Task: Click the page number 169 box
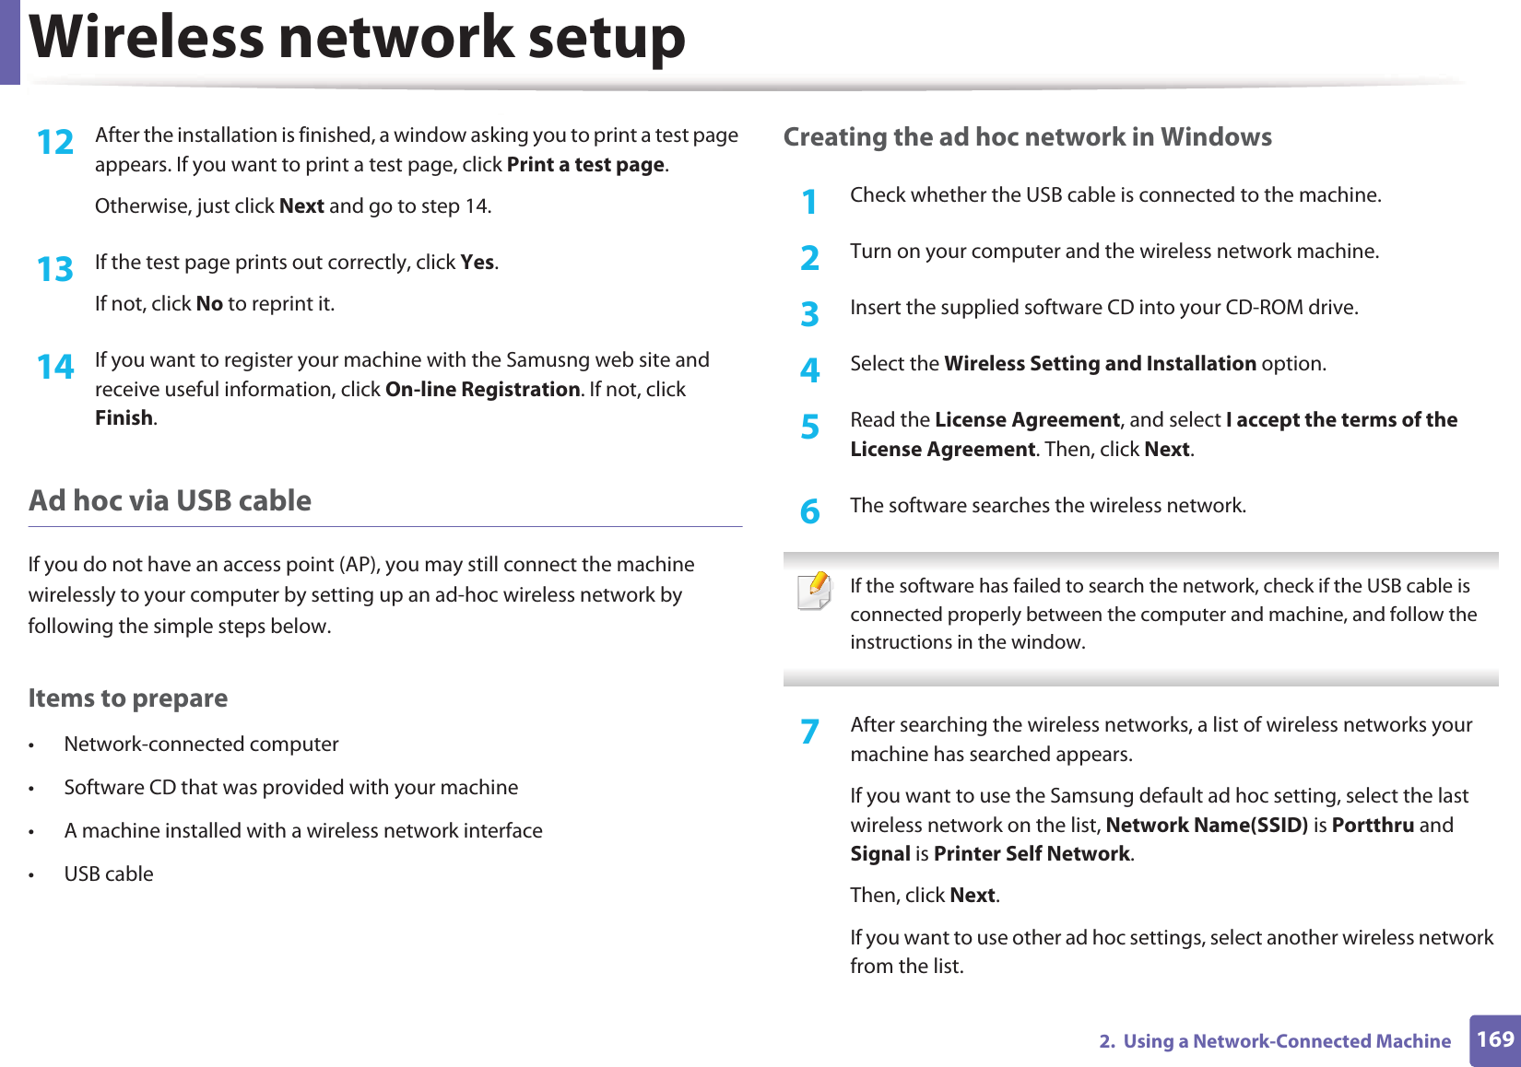tap(1494, 1040)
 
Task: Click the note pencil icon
tap(815, 591)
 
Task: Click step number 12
tap(55, 143)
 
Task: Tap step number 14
tap(55, 368)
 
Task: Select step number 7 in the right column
tap(809, 732)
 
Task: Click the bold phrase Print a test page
tap(585, 165)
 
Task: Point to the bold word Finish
tap(124, 418)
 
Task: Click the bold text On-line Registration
tap(482, 390)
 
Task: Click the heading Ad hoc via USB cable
tap(170, 500)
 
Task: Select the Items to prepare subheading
tap(127, 698)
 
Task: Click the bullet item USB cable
tap(109, 874)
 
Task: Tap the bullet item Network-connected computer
tap(201, 745)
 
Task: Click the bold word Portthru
tap(1373, 826)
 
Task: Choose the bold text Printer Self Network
tap(1032, 854)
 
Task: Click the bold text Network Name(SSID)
tap(1206, 826)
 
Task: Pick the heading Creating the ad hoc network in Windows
tap(1027, 137)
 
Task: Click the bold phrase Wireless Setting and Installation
tap(1100, 364)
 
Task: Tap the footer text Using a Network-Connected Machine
tap(1286, 1041)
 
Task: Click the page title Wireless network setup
tap(358, 39)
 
